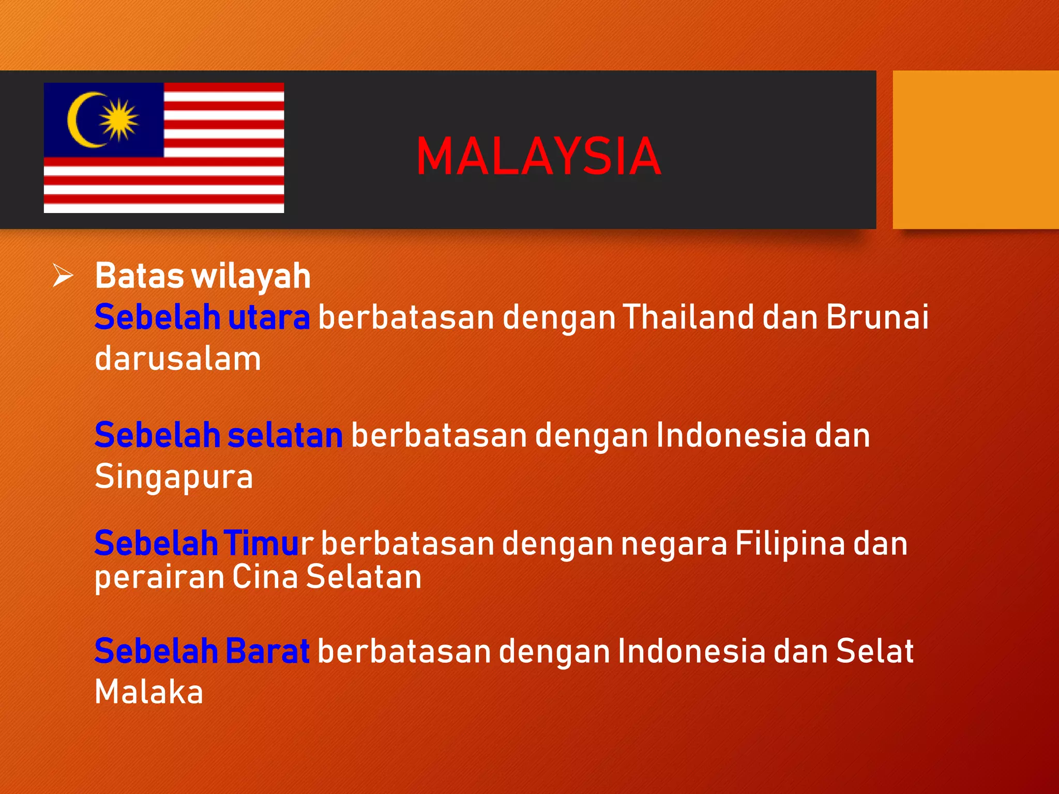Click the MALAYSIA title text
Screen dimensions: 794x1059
(538, 157)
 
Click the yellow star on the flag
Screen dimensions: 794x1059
(119, 119)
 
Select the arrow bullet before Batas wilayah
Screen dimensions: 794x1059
(63, 275)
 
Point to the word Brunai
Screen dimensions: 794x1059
(877, 317)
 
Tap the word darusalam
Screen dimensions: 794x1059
(178, 359)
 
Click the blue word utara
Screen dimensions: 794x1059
(269, 317)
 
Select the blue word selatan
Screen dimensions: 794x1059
(285, 435)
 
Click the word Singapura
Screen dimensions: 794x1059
(174, 476)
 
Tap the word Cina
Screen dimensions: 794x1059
(265, 576)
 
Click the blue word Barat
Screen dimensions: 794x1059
(267, 651)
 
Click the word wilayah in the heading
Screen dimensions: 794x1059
(251, 276)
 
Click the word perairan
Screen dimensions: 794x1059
(159, 577)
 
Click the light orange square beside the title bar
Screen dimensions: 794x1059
(975, 149)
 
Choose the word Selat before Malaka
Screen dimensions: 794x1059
(874, 651)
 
